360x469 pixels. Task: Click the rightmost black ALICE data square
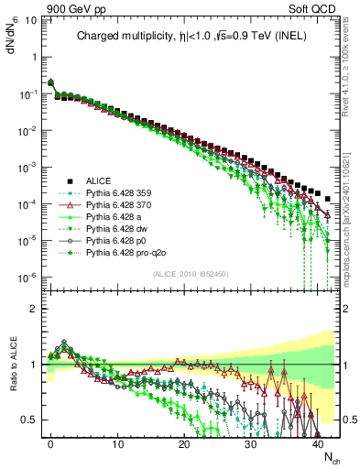(328, 198)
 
